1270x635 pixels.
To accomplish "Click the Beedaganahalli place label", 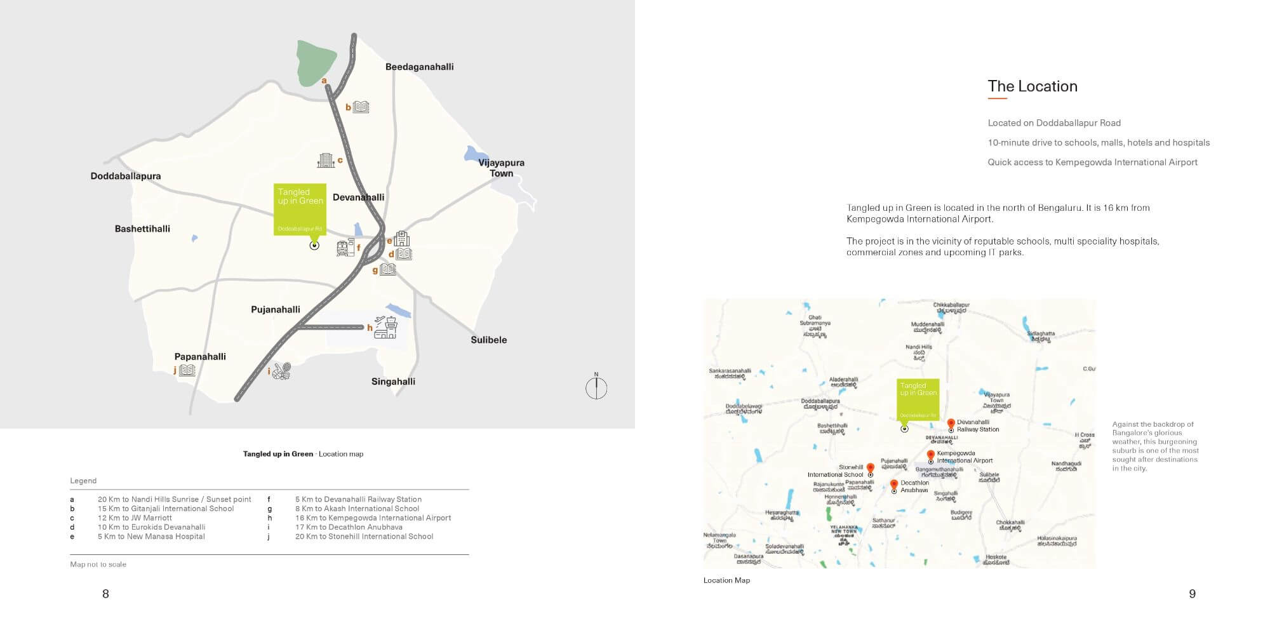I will pyautogui.click(x=419, y=67).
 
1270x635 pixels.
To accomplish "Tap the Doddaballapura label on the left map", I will pyautogui.click(x=126, y=176).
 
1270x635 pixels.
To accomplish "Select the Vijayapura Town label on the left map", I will pyautogui.click(x=501, y=168).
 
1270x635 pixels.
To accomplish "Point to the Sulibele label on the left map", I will pyautogui.click(x=488, y=340).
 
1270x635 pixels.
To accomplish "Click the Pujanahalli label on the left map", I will pyautogui.click(x=276, y=309).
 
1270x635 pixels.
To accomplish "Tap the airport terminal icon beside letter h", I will pyautogui.click(x=385, y=327).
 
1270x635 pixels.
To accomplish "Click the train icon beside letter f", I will pyautogui.click(x=345, y=248).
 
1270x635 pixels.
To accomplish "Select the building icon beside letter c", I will pyautogui.click(x=326, y=160).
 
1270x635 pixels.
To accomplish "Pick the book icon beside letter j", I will pyautogui.click(x=187, y=370).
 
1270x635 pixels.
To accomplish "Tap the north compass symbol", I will pyautogui.click(x=596, y=387).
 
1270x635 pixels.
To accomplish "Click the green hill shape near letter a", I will pyautogui.click(x=316, y=62).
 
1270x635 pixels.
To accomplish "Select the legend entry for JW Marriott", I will pyautogui.click(x=135, y=518).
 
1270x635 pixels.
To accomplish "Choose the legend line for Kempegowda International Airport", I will pyautogui.click(x=373, y=518).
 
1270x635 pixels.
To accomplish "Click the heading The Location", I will pyautogui.click(x=1032, y=86).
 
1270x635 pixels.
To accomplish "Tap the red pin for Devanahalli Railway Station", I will pyautogui.click(x=951, y=424).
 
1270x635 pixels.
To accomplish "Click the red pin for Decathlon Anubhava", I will pyautogui.click(x=894, y=485).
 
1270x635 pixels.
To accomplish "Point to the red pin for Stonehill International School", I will pyautogui.click(x=870, y=469).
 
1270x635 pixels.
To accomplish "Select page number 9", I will pyautogui.click(x=1192, y=594).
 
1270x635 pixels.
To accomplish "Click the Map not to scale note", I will pyautogui.click(x=98, y=565).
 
